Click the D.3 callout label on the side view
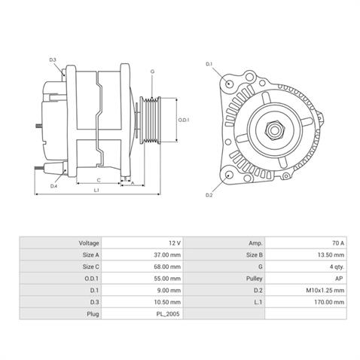53,59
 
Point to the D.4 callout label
53,185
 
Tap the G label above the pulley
151,72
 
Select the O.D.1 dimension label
183,120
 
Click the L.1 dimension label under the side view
97,191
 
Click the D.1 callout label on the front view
209,65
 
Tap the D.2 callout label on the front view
209,197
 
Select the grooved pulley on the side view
155,120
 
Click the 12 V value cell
175,243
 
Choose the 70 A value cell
338,243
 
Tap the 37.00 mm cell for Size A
167,255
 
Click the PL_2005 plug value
169,312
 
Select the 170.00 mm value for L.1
330,301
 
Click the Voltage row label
89,243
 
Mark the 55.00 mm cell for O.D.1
167,278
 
